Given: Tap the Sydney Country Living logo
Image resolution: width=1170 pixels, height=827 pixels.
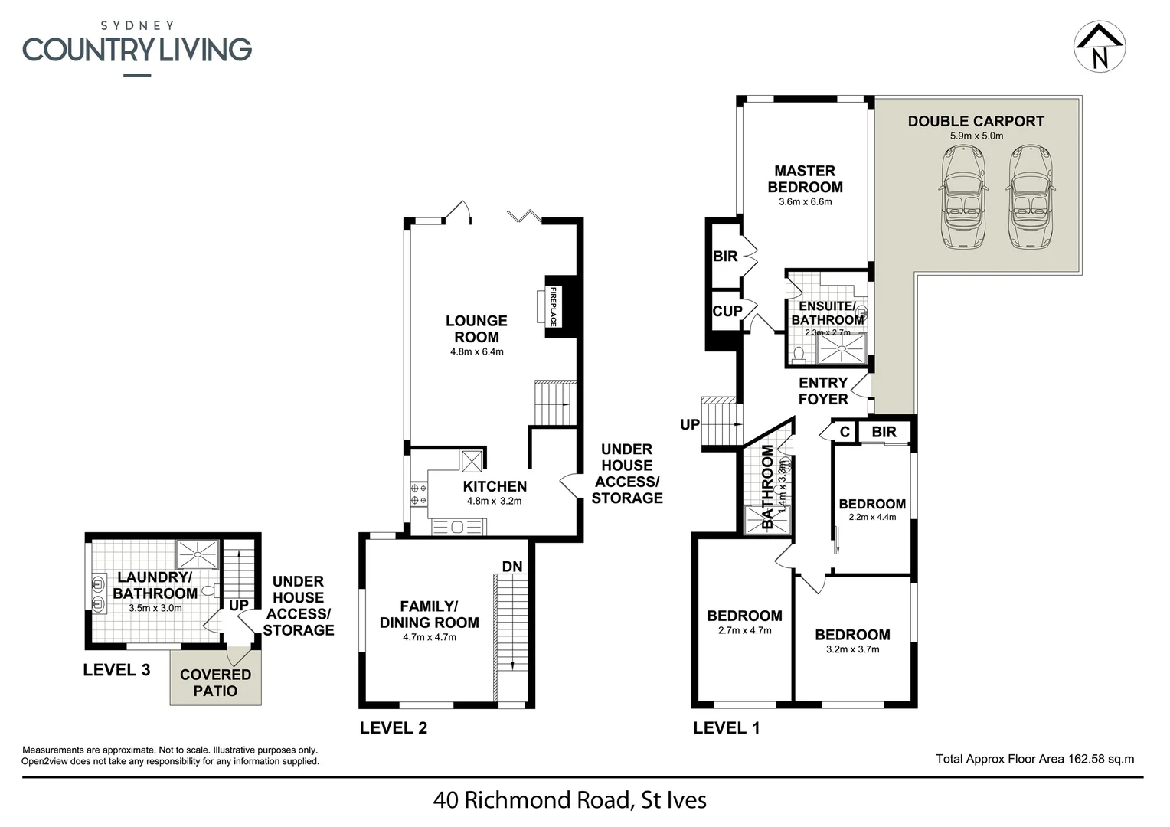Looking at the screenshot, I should coord(137,48).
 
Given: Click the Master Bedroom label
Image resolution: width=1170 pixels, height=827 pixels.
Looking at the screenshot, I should coord(805,179).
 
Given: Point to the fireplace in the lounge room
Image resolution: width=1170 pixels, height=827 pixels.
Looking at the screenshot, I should coord(552,306).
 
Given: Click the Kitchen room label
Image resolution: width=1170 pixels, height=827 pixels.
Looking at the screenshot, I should coord(495,486).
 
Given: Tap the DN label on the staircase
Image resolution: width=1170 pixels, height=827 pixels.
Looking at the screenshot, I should coord(512,567).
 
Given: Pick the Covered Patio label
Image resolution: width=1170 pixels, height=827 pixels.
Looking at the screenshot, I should coord(215,682).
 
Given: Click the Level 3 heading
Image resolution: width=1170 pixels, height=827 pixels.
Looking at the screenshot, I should coord(116,670).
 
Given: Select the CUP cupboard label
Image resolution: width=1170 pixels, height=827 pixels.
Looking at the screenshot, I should coord(727,311).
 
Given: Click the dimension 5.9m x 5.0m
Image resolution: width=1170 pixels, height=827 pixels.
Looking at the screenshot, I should coord(976,136).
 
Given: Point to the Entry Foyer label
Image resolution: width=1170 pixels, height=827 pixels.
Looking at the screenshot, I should coord(823,391).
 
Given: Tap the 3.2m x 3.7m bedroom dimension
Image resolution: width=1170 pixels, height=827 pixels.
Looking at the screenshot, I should coord(852,649).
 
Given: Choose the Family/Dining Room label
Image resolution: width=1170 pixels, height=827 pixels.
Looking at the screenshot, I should coord(430,614).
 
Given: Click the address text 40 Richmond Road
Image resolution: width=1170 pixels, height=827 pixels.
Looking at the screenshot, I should coord(569,801).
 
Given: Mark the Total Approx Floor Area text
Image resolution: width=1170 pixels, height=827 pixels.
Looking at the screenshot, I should coord(1034,759).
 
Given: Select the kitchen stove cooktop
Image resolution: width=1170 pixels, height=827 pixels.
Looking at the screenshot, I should coord(419,494).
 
